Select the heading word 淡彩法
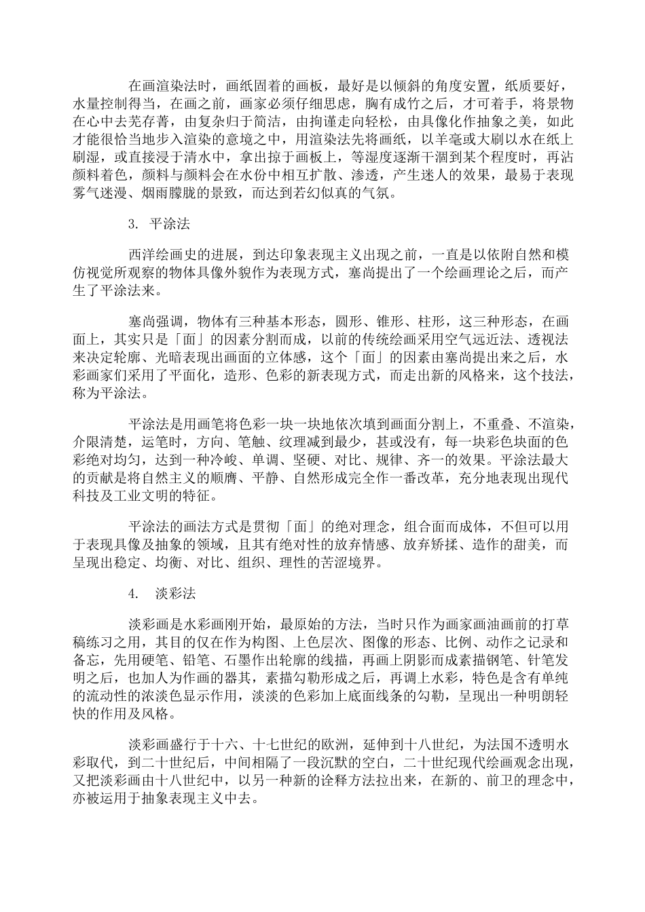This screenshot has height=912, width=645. [x=176, y=593]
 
